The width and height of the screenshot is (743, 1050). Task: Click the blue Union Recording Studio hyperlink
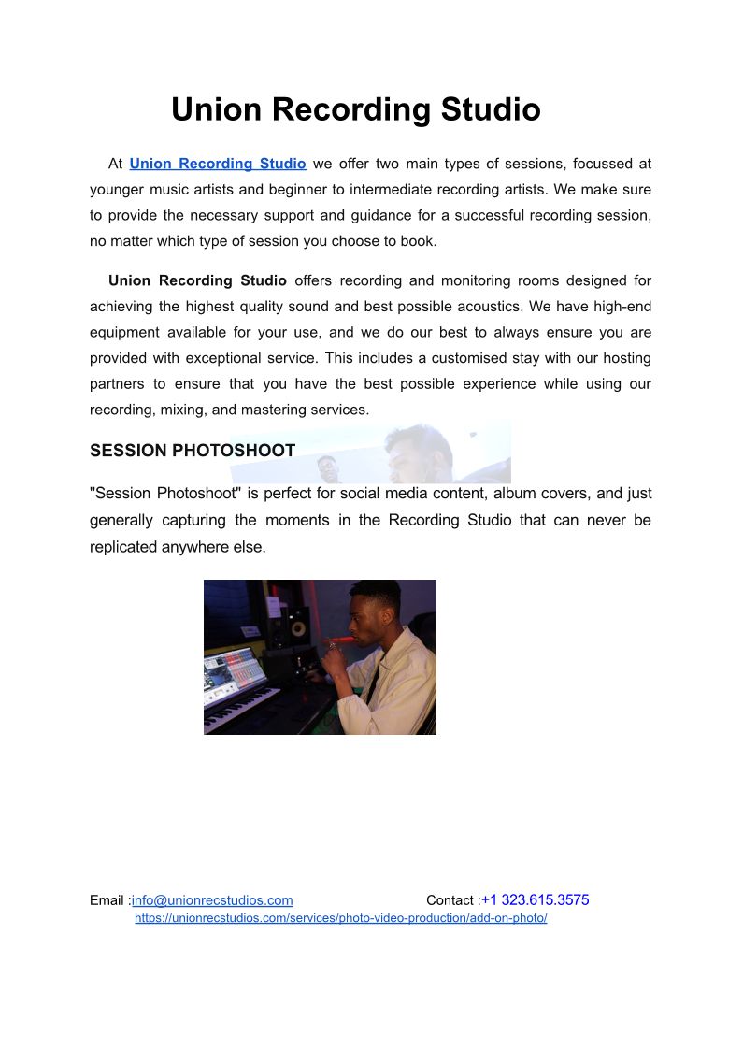pos(218,164)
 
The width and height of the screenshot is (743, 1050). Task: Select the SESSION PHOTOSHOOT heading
pos(193,451)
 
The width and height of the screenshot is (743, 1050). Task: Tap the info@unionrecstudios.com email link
pos(212,900)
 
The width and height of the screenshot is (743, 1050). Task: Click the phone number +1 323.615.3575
pos(536,900)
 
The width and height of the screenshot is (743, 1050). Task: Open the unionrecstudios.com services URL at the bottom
pos(341,918)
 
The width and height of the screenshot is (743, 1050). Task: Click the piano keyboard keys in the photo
pos(239,706)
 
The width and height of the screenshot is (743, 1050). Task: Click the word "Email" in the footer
pos(107,900)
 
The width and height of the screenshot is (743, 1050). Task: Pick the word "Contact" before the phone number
pos(450,900)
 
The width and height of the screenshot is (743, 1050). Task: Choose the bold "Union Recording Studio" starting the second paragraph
pos(197,280)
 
